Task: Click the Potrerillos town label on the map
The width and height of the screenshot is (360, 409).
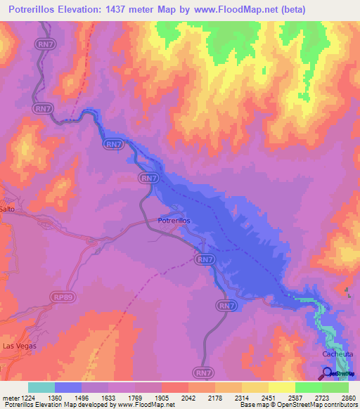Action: coord(174,221)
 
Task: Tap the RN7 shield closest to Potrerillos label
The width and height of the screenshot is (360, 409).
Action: coord(149,178)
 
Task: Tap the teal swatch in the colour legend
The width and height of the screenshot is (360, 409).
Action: coord(41,387)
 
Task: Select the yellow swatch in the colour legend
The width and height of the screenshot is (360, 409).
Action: coord(281,387)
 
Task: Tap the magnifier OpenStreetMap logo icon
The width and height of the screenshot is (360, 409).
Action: coord(328,373)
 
